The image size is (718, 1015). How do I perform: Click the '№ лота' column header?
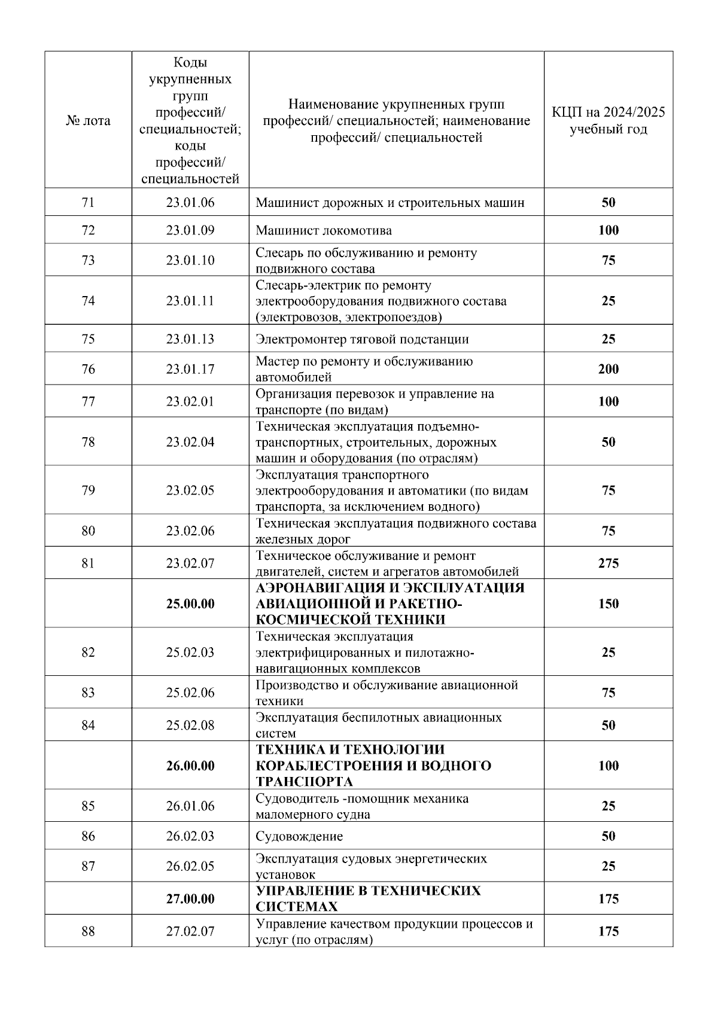tap(88, 121)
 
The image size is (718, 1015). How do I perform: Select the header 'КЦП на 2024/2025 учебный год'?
tap(608, 121)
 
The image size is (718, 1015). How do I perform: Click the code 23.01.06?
tap(190, 203)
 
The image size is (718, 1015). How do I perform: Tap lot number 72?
tap(88, 230)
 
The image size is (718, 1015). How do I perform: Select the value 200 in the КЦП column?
tap(609, 369)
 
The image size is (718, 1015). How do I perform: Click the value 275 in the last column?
tap(609, 563)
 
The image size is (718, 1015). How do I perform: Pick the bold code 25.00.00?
tap(190, 603)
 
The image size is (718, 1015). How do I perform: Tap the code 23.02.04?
tap(190, 443)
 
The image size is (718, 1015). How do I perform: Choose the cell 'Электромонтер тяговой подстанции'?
tap(362, 339)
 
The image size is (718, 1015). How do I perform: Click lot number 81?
tap(88, 563)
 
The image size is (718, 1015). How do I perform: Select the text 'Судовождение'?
tap(299, 836)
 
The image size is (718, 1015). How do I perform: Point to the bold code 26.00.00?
tap(190, 766)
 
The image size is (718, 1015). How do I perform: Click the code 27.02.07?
tap(190, 931)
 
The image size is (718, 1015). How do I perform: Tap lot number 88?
tap(88, 931)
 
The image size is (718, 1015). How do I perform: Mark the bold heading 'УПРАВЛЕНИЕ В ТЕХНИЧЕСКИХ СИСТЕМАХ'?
tap(368, 898)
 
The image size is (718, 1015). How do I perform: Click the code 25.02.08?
tap(190, 725)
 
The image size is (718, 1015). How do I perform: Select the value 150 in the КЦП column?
tap(609, 603)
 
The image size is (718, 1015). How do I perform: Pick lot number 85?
tap(88, 806)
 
